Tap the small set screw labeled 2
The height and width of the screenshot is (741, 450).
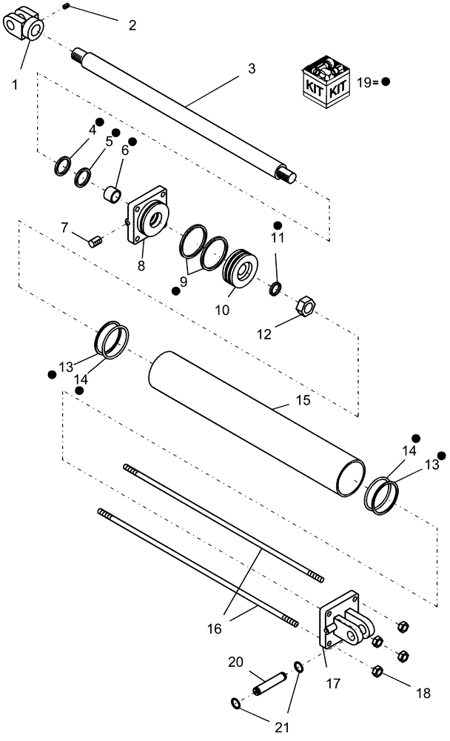click(66, 7)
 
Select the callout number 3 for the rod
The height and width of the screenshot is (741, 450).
click(252, 68)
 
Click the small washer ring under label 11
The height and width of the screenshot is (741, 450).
click(275, 288)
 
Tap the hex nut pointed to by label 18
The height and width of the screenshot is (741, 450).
click(375, 672)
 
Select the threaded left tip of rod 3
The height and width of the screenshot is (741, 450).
click(76, 54)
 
